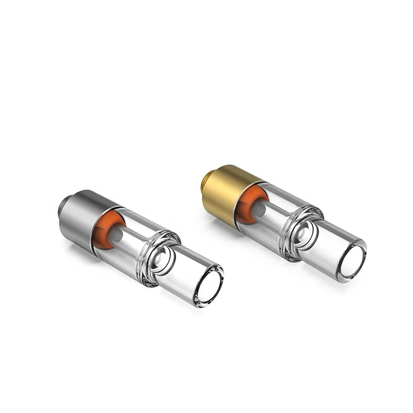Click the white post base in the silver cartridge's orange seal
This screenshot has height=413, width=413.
[x=117, y=233]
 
